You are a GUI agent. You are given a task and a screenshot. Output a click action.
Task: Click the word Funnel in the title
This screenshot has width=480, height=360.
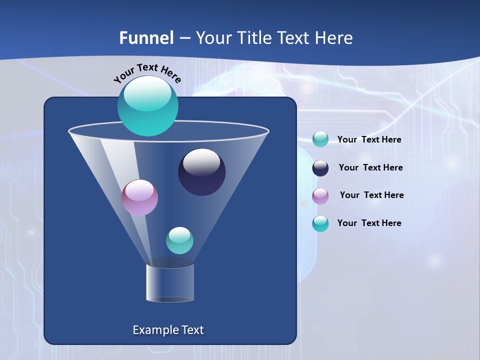(146, 38)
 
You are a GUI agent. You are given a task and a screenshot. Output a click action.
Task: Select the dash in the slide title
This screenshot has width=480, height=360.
(184, 38)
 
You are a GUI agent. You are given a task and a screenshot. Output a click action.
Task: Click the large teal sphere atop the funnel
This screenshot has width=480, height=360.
(147, 106)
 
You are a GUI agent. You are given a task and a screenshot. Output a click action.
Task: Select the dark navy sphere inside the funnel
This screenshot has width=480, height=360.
(201, 172)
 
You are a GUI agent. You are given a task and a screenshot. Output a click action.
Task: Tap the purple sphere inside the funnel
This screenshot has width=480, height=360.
(139, 198)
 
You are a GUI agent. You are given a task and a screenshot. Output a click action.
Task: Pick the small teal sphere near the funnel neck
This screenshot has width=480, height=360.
(179, 240)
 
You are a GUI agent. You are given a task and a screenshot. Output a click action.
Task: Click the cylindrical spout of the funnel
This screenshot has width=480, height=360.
(170, 283)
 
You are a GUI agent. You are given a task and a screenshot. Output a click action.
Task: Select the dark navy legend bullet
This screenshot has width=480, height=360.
(320, 168)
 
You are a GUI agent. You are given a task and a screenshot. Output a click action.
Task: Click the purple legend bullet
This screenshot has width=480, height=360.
(320, 196)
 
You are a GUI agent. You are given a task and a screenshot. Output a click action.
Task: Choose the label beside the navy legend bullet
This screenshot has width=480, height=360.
(370, 167)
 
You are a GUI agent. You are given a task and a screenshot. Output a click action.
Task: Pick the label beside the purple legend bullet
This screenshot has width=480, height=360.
(371, 195)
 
